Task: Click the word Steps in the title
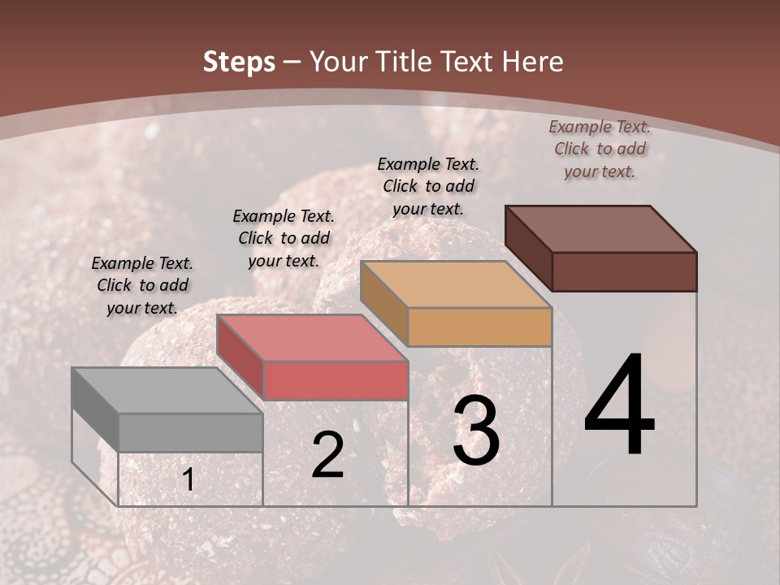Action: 239,62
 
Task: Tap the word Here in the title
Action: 532,62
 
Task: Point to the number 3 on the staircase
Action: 475,431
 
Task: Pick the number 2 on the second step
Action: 327,455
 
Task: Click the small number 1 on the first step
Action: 188,480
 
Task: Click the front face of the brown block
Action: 624,271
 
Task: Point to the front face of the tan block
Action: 479,327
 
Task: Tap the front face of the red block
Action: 335,380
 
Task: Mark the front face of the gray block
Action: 190,432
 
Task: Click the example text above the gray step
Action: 142,285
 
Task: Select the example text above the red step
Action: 284,238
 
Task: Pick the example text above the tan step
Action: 428,186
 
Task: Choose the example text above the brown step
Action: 600,149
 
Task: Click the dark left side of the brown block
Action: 528,248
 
